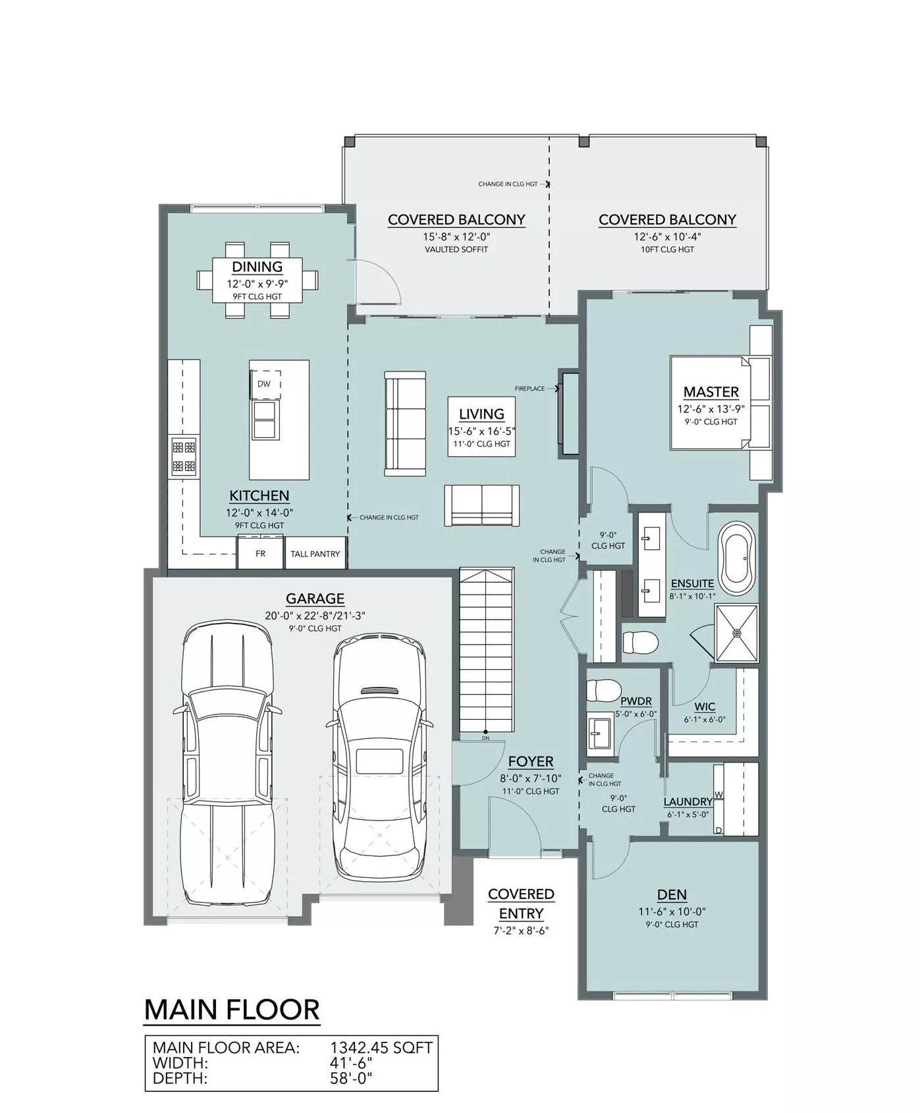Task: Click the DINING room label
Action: click(257, 267)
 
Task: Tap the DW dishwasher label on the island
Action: click(264, 384)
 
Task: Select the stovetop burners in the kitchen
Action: click(184, 457)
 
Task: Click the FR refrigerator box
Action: click(261, 553)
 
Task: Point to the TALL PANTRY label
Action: click(315, 554)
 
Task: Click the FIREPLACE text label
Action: click(530, 389)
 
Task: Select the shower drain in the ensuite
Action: click(737, 633)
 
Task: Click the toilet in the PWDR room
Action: click(600, 690)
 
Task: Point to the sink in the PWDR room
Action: click(599, 733)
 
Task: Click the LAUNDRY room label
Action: click(688, 801)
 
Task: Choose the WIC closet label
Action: click(705, 707)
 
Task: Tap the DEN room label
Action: click(672, 895)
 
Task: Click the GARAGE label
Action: click(315, 599)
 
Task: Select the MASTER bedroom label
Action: click(711, 392)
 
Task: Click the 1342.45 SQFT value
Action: click(381, 1047)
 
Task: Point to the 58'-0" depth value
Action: click(351, 1079)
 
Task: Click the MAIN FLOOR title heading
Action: click(232, 1010)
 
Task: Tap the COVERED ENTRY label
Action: click(521, 904)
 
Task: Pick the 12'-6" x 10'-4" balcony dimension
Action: click(667, 236)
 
